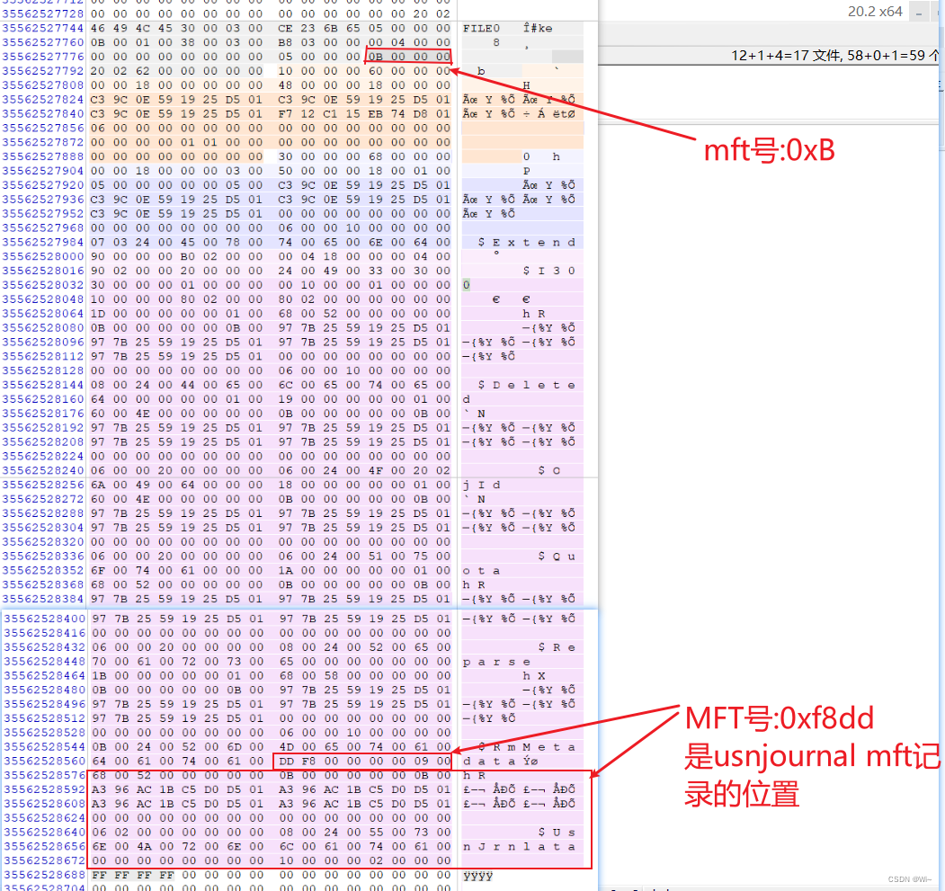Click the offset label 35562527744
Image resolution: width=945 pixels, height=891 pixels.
[43, 28]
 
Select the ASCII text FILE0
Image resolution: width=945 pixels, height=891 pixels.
[481, 28]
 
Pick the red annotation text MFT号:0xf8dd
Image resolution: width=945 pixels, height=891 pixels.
[780, 718]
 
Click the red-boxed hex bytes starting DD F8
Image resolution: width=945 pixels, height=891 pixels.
[361, 762]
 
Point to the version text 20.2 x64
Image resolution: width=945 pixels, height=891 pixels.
[875, 12]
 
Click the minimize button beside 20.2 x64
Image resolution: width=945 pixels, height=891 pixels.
[919, 13]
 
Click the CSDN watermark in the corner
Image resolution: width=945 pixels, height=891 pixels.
[909, 880]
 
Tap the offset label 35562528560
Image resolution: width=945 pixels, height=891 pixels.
[43, 762]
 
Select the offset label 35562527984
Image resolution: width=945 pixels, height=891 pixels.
[43, 242]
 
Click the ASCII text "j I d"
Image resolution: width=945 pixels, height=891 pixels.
[482, 485]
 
